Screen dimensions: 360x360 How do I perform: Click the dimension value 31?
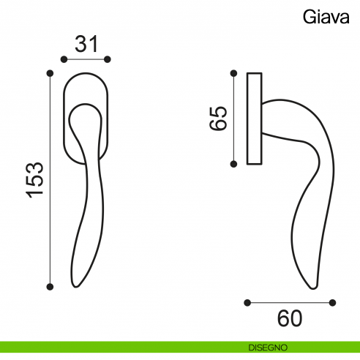pyautogui.click(x=87, y=44)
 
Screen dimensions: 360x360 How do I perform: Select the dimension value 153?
pyautogui.click(x=34, y=180)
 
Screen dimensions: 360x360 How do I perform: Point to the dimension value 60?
pyautogui.click(x=290, y=319)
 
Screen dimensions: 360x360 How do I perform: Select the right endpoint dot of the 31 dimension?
pyautogui.click(x=108, y=59)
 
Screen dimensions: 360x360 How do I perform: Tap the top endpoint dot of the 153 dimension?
pyautogui.click(x=50, y=72)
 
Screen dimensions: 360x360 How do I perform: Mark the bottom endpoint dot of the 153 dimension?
pyautogui.click(x=50, y=287)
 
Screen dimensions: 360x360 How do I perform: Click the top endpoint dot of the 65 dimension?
pyautogui.click(x=233, y=72)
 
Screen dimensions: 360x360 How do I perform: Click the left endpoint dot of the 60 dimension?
pyautogui.click(x=248, y=301)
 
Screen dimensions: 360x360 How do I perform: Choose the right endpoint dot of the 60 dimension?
pyautogui.click(x=333, y=301)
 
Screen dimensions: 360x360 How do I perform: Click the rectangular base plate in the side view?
pyautogui.click(x=255, y=118)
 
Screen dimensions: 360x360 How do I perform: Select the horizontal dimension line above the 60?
pyautogui.click(x=290, y=301)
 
